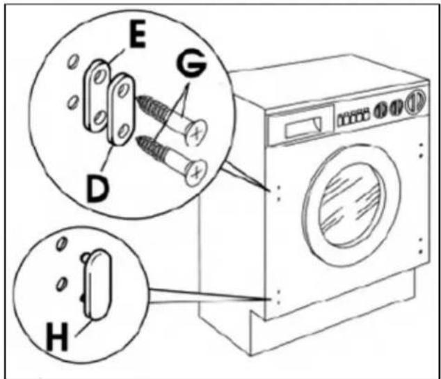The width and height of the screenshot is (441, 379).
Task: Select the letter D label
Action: click(97, 188)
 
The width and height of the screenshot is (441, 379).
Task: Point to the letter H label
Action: click(57, 337)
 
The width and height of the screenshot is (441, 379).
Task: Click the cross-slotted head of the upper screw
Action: click(196, 132)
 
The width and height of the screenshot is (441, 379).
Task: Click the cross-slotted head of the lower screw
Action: click(196, 172)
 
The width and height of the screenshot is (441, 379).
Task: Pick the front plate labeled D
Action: click(121, 110)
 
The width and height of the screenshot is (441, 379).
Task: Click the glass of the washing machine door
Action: click(351, 205)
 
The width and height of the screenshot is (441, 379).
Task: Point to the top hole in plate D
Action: click(122, 90)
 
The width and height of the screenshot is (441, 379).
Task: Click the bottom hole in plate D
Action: click(122, 131)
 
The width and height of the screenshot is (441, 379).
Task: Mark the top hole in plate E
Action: click(99, 76)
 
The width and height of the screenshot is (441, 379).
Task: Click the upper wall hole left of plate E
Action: click(73, 62)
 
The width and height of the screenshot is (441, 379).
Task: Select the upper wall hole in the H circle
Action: click(62, 243)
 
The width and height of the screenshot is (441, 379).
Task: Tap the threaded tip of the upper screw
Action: click(140, 99)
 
